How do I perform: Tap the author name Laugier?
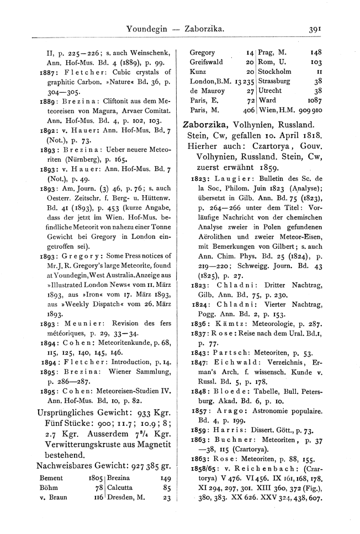[x=227, y=179]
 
